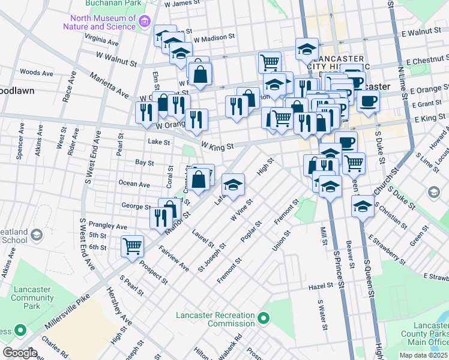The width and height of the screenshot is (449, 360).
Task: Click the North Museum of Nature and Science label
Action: pos(100,22)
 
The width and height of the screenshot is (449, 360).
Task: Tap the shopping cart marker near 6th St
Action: pos(132,245)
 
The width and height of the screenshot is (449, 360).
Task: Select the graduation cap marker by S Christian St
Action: pos(362,208)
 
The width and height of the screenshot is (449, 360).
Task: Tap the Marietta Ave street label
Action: pos(109,85)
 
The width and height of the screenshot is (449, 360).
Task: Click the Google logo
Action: pos(20,353)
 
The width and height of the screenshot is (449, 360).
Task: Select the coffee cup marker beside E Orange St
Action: pos(368,100)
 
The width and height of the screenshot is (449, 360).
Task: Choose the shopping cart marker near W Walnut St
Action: pos(270,61)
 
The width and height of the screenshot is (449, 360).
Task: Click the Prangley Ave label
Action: pos(108,227)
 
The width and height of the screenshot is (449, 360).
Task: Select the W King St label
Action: pos(217,146)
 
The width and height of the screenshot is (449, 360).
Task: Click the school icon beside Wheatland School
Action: pos(37,233)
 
